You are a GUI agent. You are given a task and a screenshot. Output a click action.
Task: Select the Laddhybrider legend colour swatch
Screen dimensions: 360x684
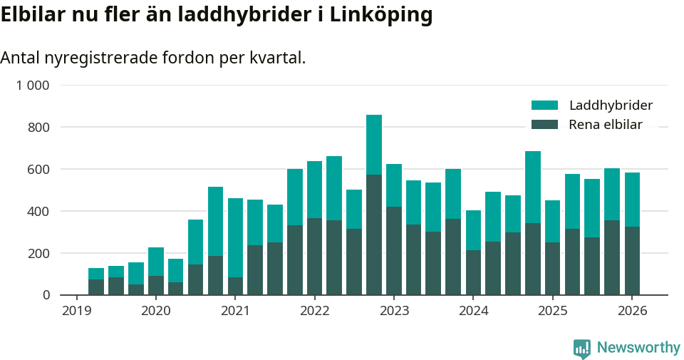pos(545,106)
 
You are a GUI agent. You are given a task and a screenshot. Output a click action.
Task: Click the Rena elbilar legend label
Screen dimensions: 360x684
pos(606,125)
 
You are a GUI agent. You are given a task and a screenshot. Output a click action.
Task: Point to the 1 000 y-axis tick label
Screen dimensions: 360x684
pos(33,86)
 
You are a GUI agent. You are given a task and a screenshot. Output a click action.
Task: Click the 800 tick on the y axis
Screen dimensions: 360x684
pos(38,128)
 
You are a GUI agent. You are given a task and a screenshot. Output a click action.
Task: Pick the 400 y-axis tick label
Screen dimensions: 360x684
pos(38,212)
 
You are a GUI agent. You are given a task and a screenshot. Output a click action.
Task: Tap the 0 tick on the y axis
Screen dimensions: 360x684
pos(46,295)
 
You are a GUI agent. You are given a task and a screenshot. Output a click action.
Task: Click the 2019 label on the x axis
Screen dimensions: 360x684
pos(76,311)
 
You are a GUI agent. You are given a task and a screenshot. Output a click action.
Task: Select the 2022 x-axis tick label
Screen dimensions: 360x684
pos(315,311)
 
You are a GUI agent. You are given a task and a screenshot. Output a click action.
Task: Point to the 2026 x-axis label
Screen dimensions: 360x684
pos(632,311)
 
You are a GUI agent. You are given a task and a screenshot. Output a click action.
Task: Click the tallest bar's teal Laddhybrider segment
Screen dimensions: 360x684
pos(374,145)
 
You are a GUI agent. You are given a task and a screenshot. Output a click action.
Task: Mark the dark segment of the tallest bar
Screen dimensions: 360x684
pos(374,235)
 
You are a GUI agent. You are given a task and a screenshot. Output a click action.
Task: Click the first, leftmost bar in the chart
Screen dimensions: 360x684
pos(96,282)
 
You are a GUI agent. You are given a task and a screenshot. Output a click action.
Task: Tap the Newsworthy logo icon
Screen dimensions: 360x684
pos(582,348)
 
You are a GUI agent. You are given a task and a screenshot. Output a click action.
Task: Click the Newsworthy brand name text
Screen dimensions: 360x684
pos(638,348)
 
